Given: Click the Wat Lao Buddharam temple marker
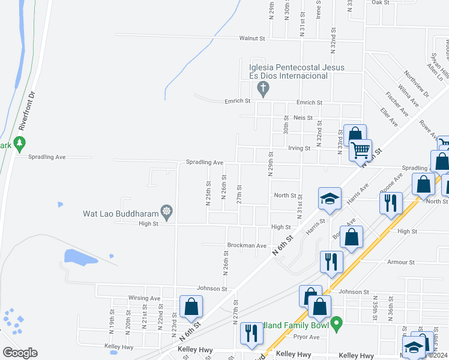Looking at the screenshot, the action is point(167,212).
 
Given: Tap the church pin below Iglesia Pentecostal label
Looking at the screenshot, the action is point(262,89).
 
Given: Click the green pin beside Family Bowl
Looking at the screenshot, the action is point(337,325).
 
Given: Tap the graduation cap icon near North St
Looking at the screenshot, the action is point(330,200).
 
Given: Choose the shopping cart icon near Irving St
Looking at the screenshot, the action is point(361,151).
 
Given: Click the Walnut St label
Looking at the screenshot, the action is point(252,38).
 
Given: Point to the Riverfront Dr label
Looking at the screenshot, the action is point(28,111).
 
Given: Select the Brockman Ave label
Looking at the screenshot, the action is point(247,245).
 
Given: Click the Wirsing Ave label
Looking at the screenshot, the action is point(144,298).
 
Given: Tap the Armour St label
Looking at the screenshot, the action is point(401,262).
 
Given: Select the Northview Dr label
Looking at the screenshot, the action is point(417,83).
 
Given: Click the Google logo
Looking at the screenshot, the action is point(20,353).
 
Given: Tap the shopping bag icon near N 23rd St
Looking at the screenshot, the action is point(191,307).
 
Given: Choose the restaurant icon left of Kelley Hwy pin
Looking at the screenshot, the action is point(250,335).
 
